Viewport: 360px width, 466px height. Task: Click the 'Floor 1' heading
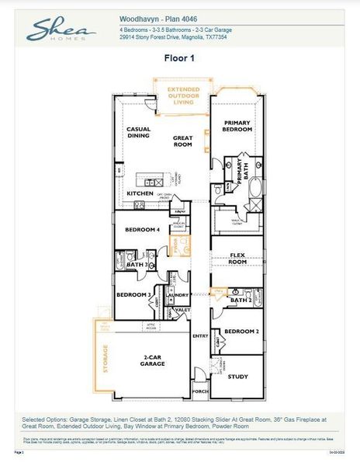pyautogui.click(x=180, y=57)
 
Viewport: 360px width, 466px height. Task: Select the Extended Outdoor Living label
pyautogui.click(x=182, y=96)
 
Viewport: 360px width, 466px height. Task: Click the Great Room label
pyautogui.click(x=182, y=141)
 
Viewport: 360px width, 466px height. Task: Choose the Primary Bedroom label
pyautogui.click(x=238, y=127)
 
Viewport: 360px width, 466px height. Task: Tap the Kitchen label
pyautogui.click(x=140, y=193)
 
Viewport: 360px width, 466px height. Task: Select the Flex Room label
pyautogui.click(x=237, y=259)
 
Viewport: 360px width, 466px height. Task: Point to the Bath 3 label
pyautogui.click(x=137, y=265)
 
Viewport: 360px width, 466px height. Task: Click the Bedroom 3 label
pyautogui.click(x=133, y=295)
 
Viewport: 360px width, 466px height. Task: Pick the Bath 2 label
pyautogui.click(x=241, y=300)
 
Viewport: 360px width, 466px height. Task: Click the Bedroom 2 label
pyautogui.click(x=240, y=332)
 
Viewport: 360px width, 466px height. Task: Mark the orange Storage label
pyautogui.click(x=104, y=360)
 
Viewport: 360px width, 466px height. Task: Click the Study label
pyautogui.click(x=238, y=377)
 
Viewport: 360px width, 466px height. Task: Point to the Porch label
pyautogui.click(x=200, y=391)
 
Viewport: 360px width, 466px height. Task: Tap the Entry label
pyautogui.click(x=200, y=336)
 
